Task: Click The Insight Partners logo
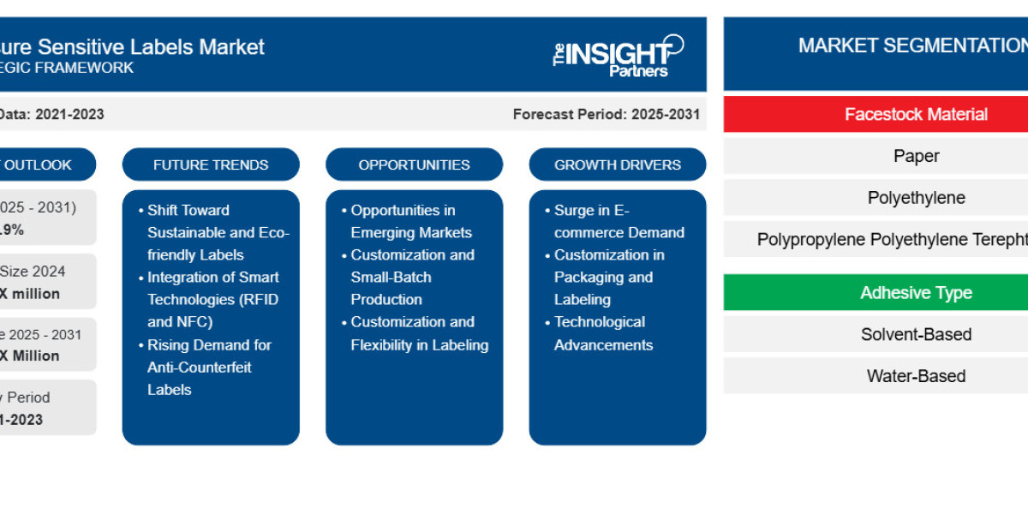(x=618, y=56)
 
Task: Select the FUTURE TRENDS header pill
(x=211, y=164)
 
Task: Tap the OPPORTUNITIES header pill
(x=414, y=164)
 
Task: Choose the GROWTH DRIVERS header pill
(x=617, y=164)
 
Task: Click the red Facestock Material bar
(x=876, y=114)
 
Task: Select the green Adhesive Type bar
(x=876, y=293)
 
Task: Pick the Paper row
(x=876, y=156)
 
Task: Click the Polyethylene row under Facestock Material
(x=876, y=198)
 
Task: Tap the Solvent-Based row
(x=876, y=334)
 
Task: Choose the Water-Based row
(x=876, y=376)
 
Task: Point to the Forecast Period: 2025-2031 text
(x=606, y=114)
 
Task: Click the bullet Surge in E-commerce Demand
(x=619, y=221)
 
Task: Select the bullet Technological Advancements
(x=603, y=333)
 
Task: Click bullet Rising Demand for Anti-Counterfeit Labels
(x=209, y=367)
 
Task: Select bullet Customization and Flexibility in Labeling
(x=419, y=333)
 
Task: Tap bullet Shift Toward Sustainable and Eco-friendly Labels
(x=218, y=232)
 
